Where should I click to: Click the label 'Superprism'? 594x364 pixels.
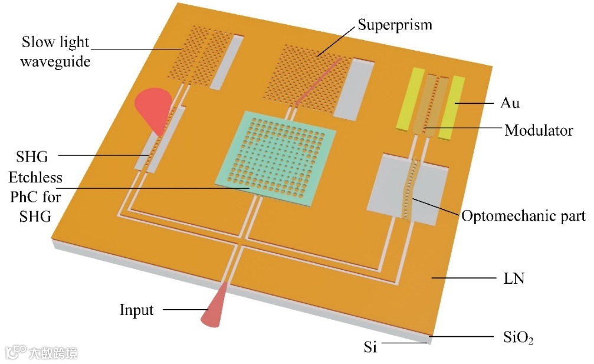(395, 25)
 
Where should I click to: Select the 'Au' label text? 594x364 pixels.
(511, 103)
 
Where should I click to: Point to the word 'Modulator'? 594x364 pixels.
(538, 130)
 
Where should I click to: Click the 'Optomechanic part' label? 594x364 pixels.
(523, 216)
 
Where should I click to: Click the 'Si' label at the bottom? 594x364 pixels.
(370, 347)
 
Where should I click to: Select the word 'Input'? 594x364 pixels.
(136, 310)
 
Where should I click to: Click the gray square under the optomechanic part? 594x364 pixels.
(407, 189)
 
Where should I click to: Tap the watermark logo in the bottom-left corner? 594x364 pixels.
(41, 352)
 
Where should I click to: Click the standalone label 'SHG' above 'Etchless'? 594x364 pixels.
(33, 157)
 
